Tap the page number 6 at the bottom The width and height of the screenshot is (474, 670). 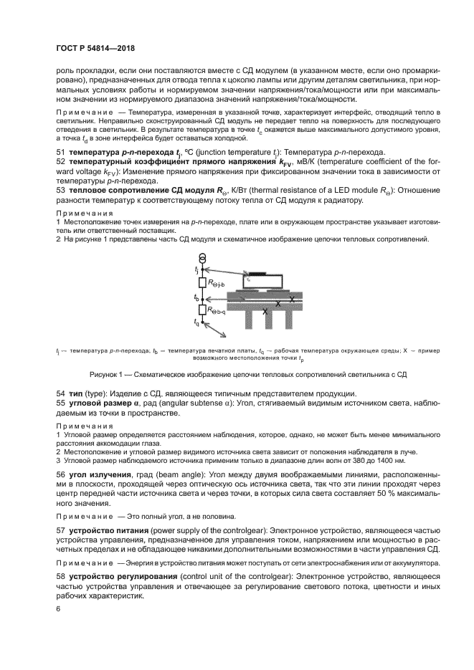58,608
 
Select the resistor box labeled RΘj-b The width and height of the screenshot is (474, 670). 203,282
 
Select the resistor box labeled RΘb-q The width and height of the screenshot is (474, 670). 203,310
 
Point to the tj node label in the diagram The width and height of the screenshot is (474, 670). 196,269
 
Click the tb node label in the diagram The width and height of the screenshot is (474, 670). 196,296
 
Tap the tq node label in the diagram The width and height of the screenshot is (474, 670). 196,322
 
